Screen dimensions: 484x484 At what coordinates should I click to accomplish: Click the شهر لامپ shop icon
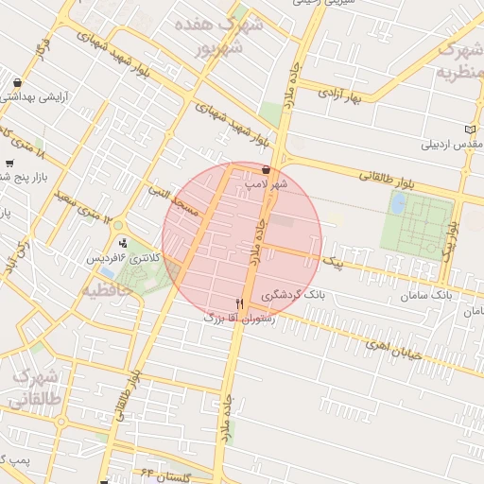(x=266, y=170)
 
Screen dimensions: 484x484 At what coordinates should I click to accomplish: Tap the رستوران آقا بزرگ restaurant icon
(x=239, y=303)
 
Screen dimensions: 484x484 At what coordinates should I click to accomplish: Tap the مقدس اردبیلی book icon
(x=473, y=129)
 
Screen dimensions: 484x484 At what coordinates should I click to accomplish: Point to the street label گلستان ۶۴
(x=166, y=473)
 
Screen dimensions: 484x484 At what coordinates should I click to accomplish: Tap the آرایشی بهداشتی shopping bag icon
(x=18, y=82)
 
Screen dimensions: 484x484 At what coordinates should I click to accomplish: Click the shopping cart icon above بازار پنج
(x=10, y=162)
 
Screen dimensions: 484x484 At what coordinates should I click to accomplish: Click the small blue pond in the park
(x=398, y=202)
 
